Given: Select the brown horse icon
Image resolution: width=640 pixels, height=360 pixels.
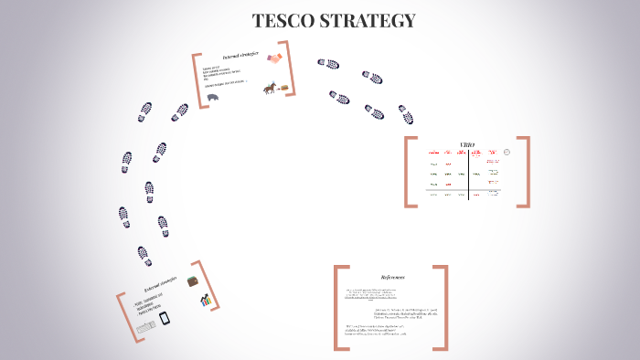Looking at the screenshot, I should pyautogui.click(x=270, y=89).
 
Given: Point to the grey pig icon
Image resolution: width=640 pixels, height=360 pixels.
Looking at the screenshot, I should pyautogui.click(x=213, y=97).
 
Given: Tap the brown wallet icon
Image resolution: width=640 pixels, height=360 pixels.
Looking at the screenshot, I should pyautogui.click(x=194, y=281).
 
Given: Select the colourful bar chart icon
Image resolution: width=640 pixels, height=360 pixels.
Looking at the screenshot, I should pyautogui.click(x=207, y=300).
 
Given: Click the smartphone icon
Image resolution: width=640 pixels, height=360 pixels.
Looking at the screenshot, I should pyautogui.click(x=165, y=319).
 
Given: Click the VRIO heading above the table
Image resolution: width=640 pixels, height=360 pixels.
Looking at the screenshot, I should pyautogui.click(x=467, y=144).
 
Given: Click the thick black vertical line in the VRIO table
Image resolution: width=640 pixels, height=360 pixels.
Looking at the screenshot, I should pyautogui.click(x=469, y=174).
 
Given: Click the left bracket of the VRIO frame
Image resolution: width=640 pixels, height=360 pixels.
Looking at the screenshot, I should pyautogui.click(x=409, y=172).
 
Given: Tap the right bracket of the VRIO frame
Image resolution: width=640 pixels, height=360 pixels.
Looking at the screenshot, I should pyautogui.click(x=526, y=172).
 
